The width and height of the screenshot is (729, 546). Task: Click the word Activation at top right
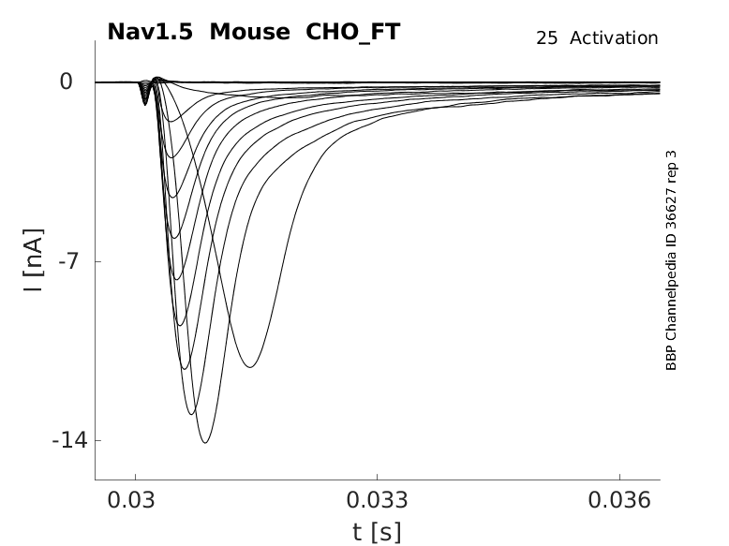pos(614,38)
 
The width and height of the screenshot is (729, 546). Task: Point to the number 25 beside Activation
pos(547,38)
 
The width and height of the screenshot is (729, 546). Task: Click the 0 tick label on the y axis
pos(67,82)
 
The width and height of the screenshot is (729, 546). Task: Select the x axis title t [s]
pos(377,533)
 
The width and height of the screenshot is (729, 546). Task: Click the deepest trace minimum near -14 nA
pos(204,442)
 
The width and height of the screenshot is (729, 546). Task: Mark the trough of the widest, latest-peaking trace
pos(250,366)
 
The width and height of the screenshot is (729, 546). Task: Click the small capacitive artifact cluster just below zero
pos(144,94)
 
